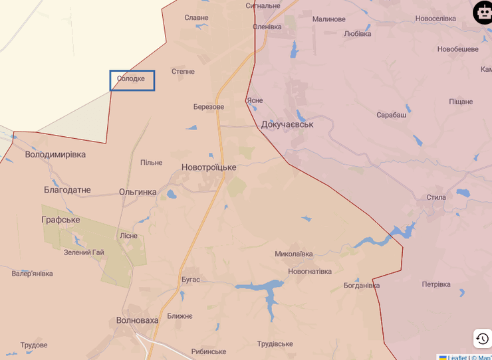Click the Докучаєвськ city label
click(x=287, y=124)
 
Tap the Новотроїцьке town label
click(x=209, y=167)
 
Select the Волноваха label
click(x=138, y=320)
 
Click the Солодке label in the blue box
click(x=131, y=79)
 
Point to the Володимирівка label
click(x=55, y=154)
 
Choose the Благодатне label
click(x=67, y=190)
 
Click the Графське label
click(x=61, y=220)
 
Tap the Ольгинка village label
click(x=138, y=192)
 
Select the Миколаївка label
click(x=294, y=254)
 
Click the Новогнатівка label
click(x=310, y=271)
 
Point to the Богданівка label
click(x=362, y=286)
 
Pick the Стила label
click(x=436, y=197)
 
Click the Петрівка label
click(x=436, y=284)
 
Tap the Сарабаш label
click(x=392, y=115)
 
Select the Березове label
click(x=209, y=107)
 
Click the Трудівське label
click(x=275, y=343)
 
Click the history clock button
click(x=483, y=339)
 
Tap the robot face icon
click(x=483, y=13)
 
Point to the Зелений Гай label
click(x=84, y=252)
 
